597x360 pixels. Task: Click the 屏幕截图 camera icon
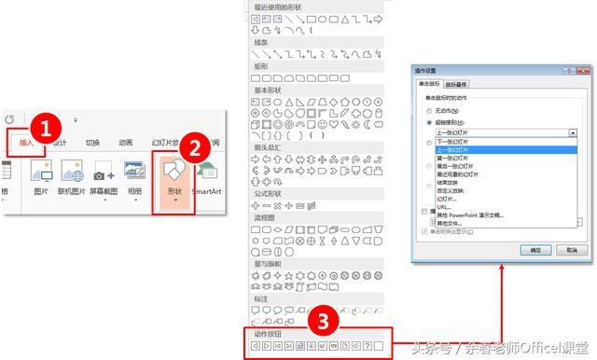tap(103, 173)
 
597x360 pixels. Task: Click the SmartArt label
tap(207, 190)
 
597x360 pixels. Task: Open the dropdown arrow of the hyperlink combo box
tap(572, 133)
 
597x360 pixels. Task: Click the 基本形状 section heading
tap(271, 90)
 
